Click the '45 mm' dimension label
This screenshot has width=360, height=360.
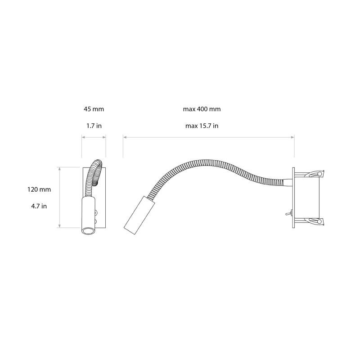94,109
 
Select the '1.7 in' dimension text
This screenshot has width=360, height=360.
94,126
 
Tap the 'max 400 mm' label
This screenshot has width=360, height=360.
202,109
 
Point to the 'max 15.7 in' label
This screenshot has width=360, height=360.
202,126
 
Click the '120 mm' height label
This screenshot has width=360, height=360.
39,189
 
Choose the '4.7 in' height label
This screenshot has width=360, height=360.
39,206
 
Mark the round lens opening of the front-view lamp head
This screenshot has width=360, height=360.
88,231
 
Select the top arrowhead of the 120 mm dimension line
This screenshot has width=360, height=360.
60,168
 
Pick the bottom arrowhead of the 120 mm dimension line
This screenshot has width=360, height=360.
60,226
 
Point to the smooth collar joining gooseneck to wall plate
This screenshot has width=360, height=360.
285,182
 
